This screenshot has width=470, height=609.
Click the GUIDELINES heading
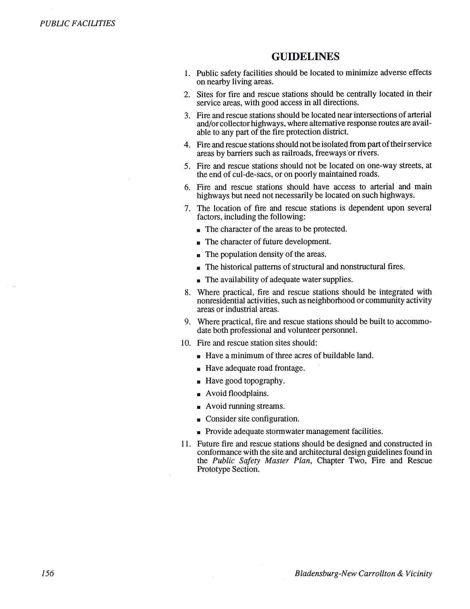click(x=305, y=57)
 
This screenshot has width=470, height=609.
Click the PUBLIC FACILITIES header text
click(x=77, y=23)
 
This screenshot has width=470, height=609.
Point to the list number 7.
click(x=187, y=208)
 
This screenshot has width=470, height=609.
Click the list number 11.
click(x=186, y=444)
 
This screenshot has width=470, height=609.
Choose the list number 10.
click(x=186, y=343)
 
